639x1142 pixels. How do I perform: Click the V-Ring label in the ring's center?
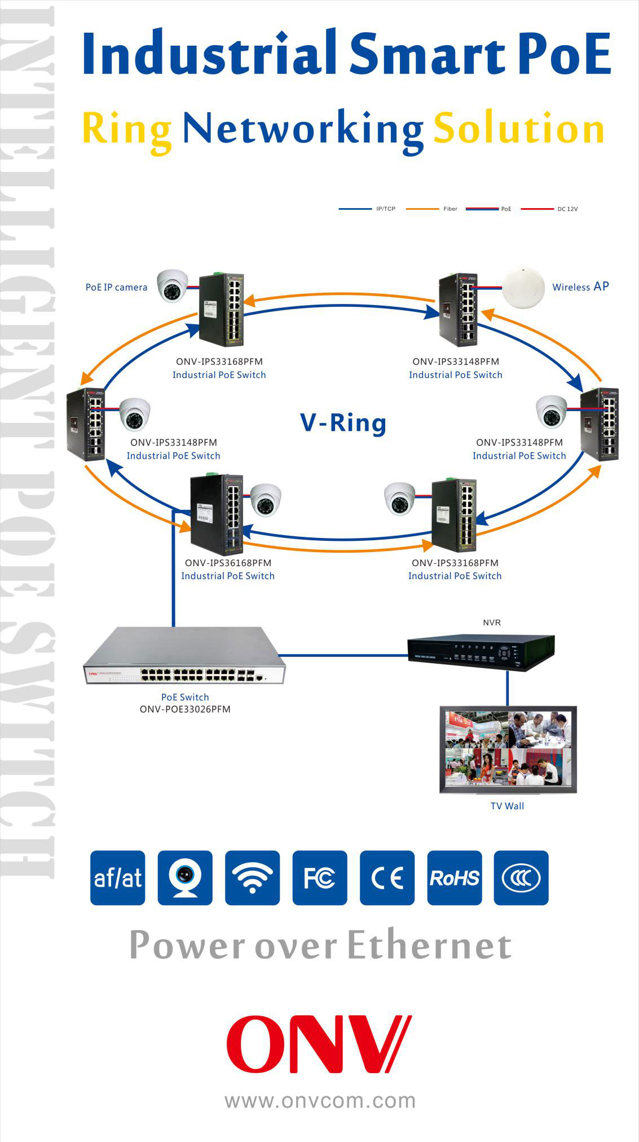[x=342, y=423]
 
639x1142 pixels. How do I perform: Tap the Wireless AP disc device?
[x=523, y=288]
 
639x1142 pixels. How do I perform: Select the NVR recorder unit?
[x=481, y=652]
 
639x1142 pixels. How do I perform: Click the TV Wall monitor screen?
[x=508, y=748]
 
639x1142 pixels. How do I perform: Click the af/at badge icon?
[x=118, y=878]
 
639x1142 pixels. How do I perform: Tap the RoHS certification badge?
[x=454, y=878]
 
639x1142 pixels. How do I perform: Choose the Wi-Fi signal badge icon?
[x=252, y=878]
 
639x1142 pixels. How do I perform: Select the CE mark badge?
[x=387, y=878]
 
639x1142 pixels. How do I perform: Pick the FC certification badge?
[x=319, y=878]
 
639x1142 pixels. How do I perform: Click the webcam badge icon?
[x=185, y=878]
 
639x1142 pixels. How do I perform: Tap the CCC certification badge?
[x=521, y=878]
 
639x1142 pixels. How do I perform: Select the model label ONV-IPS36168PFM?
[x=228, y=563]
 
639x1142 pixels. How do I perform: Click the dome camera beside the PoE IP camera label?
[x=172, y=285]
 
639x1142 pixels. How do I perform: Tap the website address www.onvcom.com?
[x=320, y=1100]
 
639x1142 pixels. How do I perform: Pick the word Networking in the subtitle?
[x=303, y=129]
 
